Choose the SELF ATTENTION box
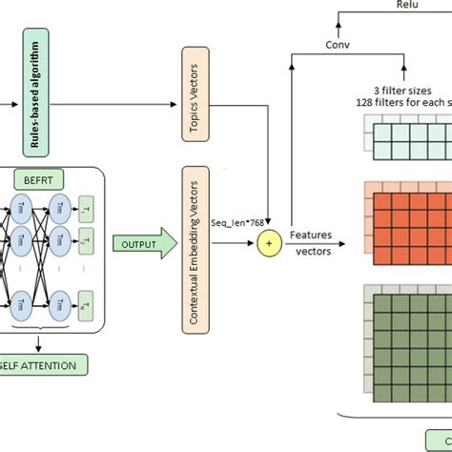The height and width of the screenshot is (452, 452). (38, 363)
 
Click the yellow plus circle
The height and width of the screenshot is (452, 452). (270, 245)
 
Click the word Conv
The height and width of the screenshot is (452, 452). (339, 45)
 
